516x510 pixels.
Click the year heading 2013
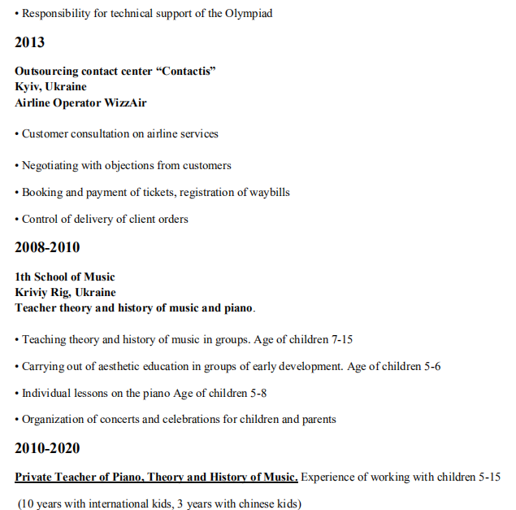coord(29,42)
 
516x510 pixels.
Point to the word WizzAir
coord(123,102)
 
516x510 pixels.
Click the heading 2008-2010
coord(47,247)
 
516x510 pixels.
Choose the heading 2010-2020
coord(47,448)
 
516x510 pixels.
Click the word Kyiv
coord(28,87)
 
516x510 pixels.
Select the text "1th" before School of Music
coord(23,277)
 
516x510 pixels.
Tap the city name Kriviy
coord(33,292)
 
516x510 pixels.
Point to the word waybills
coord(267,193)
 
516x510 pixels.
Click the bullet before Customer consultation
coord(16,134)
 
